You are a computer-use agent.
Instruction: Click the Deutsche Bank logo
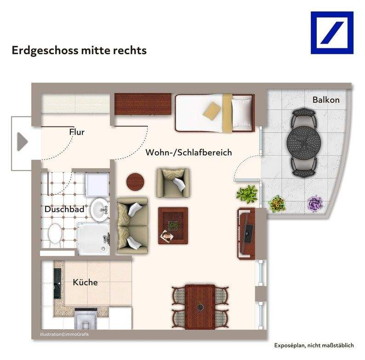coord(332,32)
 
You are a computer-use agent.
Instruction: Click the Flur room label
coord(77,132)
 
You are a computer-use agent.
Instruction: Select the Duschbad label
coord(64,210)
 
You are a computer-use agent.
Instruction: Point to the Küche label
coord(85,282)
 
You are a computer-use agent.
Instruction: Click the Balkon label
coord(326,100)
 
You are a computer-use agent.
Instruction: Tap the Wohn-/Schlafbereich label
coord(188,152)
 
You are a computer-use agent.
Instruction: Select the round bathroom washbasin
coord(99,210)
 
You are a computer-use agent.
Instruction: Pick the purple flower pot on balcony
coord(315,203)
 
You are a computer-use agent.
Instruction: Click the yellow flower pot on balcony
coord(276,203)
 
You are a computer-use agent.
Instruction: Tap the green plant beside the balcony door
coord(247,194)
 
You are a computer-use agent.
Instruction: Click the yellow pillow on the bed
coord(212,111)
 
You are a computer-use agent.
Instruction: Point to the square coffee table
coord(173,225)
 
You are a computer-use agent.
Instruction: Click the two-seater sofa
coord(132,226)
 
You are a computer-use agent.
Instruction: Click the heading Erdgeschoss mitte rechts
coord(79,50)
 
